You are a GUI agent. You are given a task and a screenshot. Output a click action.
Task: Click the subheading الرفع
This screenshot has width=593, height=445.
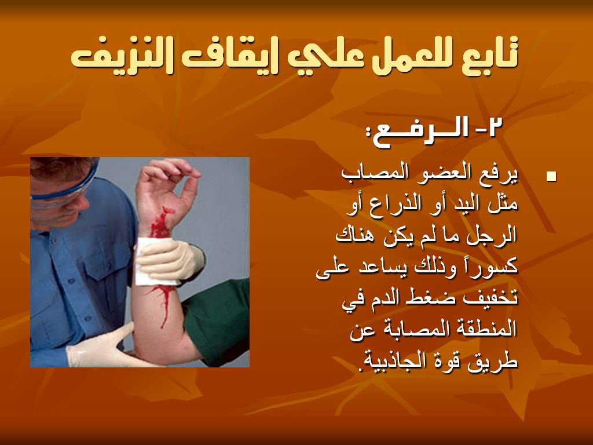click(x=419, y=133)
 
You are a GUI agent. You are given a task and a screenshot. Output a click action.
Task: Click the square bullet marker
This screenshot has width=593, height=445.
click(x=551, y=176)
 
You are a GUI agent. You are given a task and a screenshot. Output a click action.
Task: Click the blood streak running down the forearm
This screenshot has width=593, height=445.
click(x=163, y=302)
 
